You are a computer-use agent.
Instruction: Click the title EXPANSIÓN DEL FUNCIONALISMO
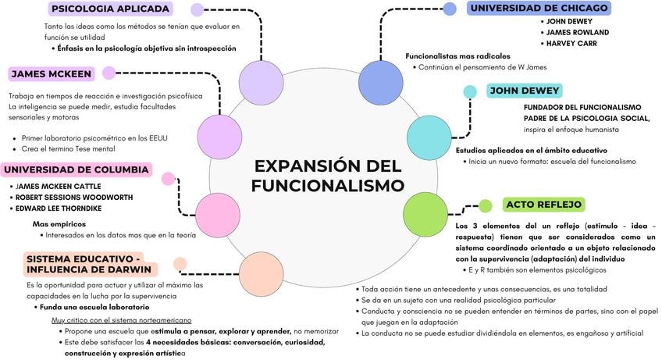point(328,176)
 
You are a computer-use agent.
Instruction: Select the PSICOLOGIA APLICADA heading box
point(109,9)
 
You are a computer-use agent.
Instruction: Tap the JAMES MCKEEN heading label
point(52,74)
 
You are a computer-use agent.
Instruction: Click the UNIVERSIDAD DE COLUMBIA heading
point(76,169)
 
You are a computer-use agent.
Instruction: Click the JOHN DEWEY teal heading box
point(525,91)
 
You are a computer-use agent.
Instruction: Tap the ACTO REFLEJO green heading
point(544,205)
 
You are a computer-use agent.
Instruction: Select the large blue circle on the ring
point(381,82)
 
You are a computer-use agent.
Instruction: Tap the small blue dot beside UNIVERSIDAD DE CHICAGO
point(450,9)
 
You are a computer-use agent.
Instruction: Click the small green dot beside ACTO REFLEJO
point(485,206)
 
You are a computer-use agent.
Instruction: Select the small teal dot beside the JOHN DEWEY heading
point(470,92)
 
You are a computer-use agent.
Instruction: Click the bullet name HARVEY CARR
point(572,44)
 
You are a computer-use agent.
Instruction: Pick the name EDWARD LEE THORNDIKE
point(59,209)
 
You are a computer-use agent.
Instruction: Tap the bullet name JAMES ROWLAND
point(577,33)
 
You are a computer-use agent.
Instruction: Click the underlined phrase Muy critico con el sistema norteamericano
point(121,321)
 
